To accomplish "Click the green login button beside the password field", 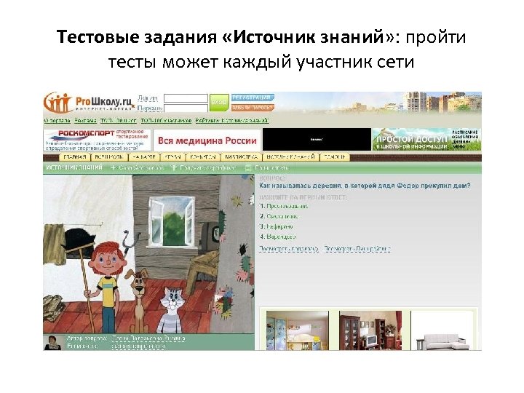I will tap(219, 103).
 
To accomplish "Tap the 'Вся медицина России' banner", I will tap(207, 140).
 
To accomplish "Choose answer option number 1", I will tap(285, 206).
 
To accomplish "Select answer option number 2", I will tap(279, 216).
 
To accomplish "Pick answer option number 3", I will tap(277, 226).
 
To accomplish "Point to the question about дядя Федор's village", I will tap(364, 186).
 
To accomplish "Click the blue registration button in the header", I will tap(252, 98).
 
